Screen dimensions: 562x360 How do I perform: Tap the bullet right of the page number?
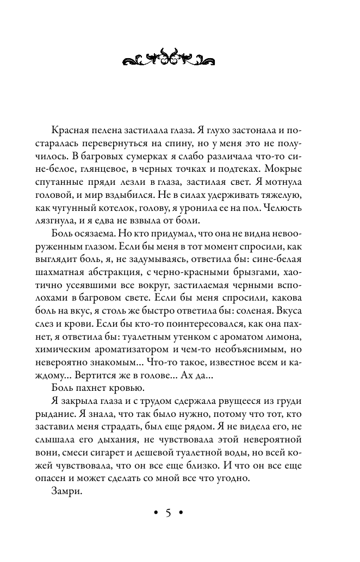(182, 514)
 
